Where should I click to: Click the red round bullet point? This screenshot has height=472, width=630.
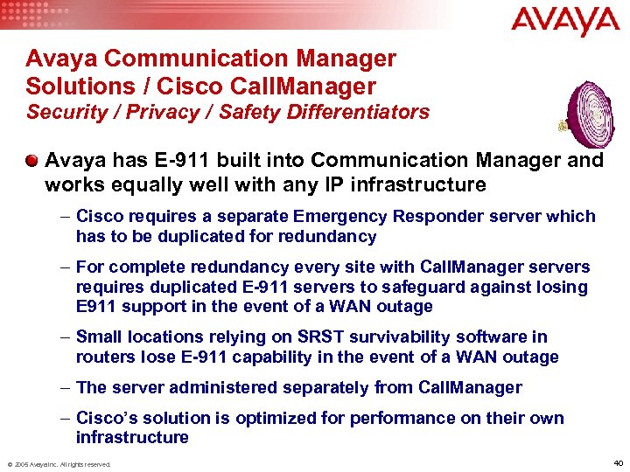pyautogui.click(x=32, y=161)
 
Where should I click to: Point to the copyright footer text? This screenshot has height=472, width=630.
pyautogui.click(x=59, y=464)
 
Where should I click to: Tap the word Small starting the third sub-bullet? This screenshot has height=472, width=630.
pyautogui.click(x=99, y=337)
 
